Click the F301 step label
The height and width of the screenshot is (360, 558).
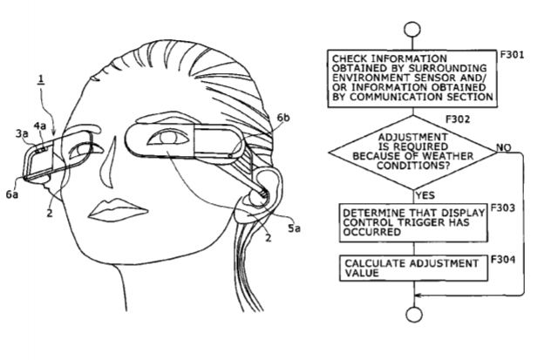[x=512, y=55]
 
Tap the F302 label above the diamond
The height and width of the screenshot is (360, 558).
[x=458, y=119]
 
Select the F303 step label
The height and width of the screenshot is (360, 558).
[x=502, y=207]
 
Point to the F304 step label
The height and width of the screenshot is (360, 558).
[x=502, y=260]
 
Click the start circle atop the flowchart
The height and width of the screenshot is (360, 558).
[x=412, y=30]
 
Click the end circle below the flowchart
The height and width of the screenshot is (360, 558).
[x=414, y=315]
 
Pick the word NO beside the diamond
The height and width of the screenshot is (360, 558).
[x=504, y=147]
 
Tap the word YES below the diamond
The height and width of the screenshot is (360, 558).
[x=425, y=195]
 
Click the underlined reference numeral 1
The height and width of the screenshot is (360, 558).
[x=41, y=79]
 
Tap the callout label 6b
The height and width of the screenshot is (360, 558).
[x=283, y=118]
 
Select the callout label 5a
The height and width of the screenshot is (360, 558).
[x=294, y=228]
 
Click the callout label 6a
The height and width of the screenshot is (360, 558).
[x=12, y=194]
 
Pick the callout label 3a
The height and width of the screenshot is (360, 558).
[x=22, y=133]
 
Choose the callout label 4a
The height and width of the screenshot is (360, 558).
[x=40, y=126]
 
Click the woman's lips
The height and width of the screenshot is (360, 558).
[x=118, y=209]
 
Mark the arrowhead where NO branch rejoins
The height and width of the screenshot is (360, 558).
[x=418, y=295]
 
